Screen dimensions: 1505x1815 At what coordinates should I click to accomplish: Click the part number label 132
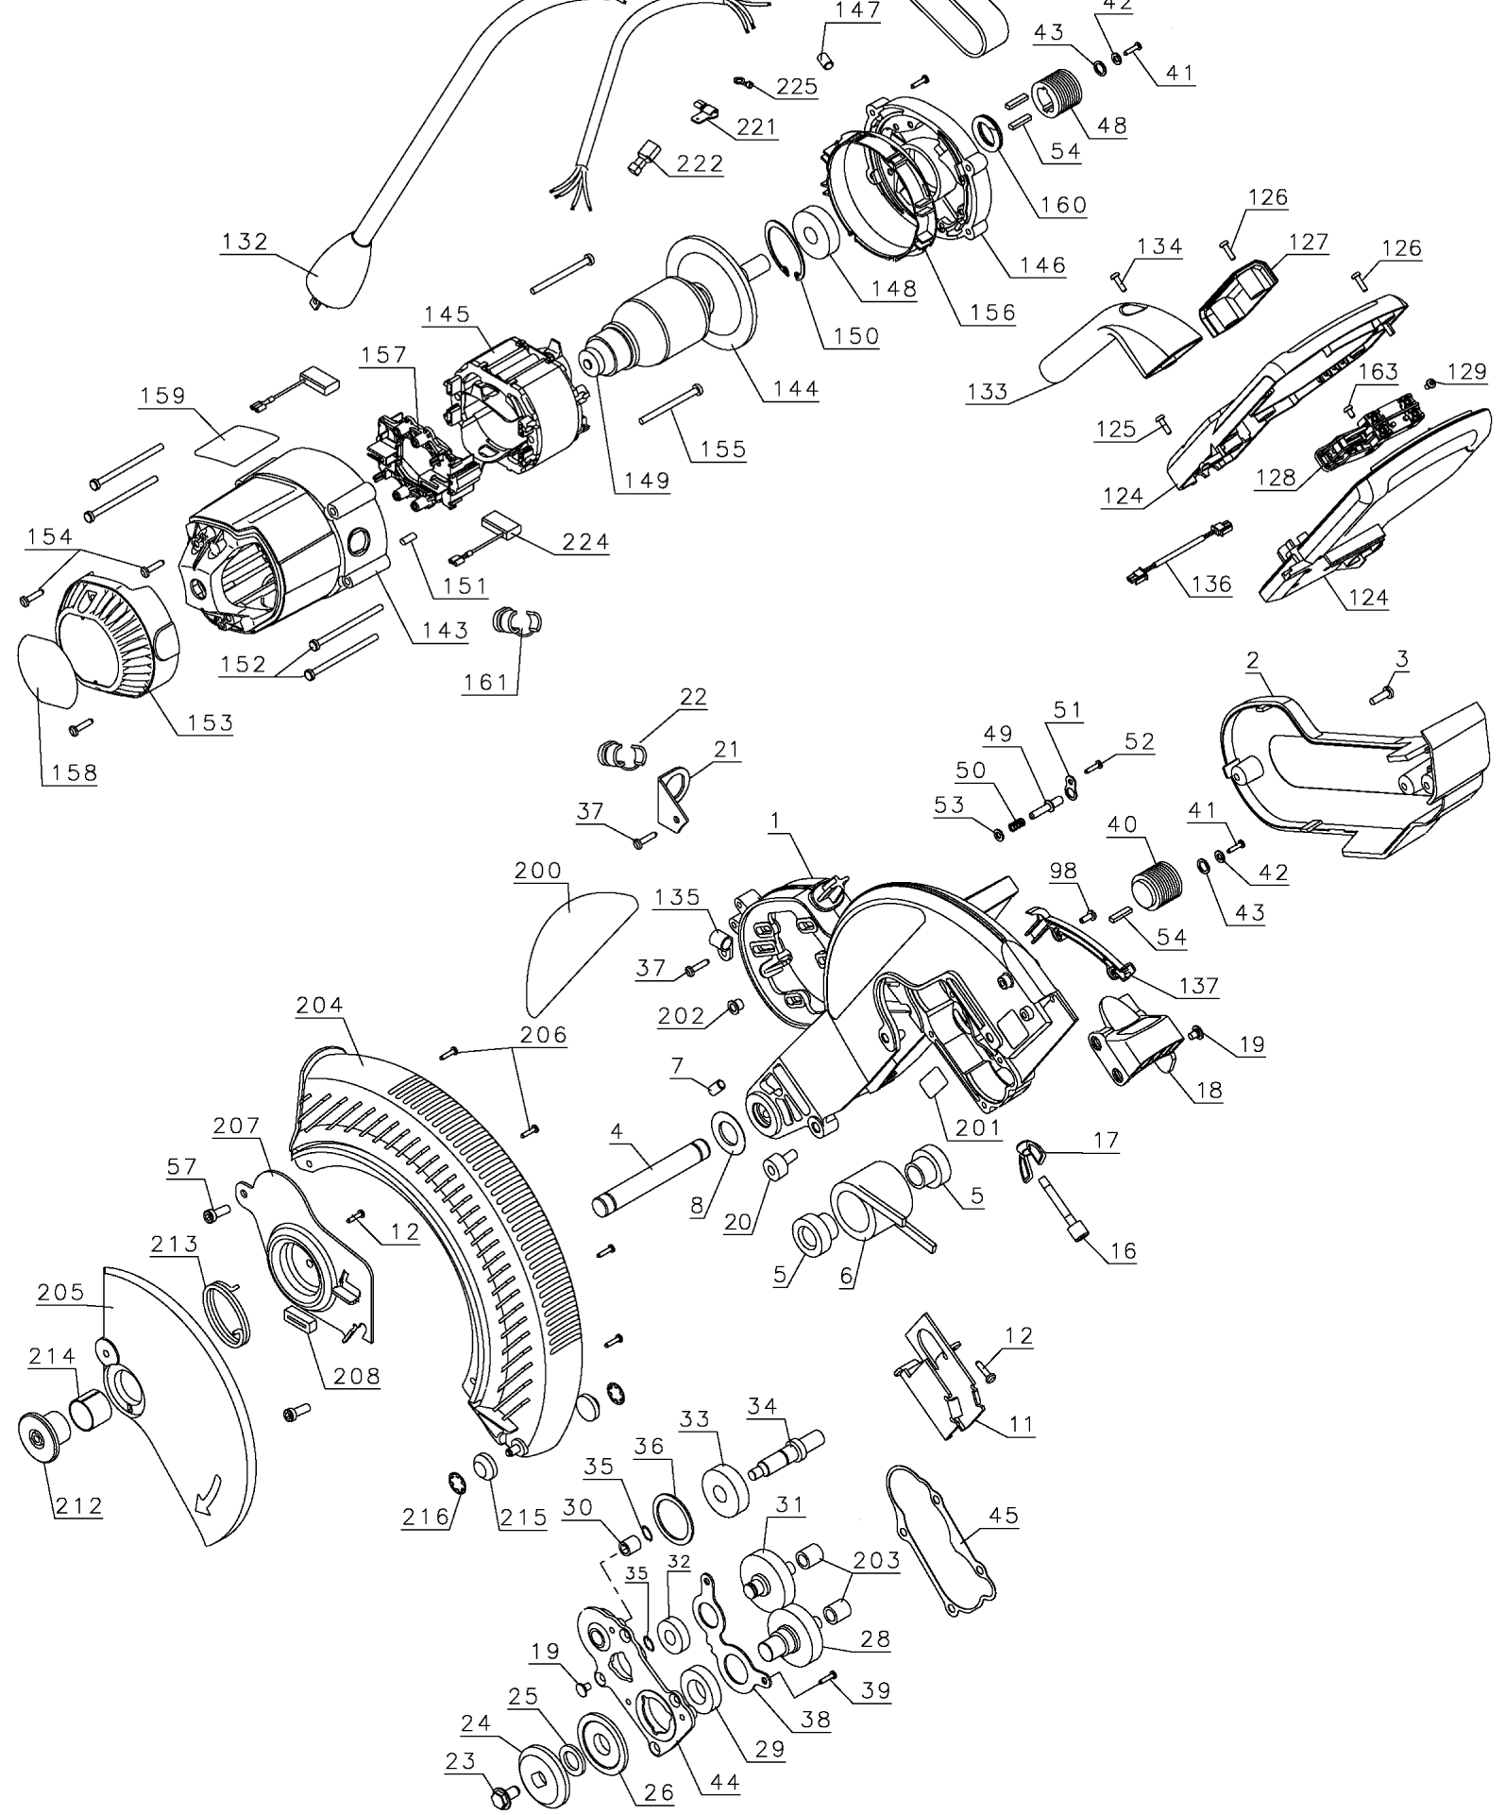245,241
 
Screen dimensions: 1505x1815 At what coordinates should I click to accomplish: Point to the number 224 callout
585,542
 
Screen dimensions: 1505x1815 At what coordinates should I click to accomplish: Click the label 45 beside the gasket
1004,1515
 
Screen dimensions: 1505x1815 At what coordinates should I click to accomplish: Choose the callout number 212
78,1505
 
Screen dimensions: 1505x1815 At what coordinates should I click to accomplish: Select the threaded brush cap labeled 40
1157,883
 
